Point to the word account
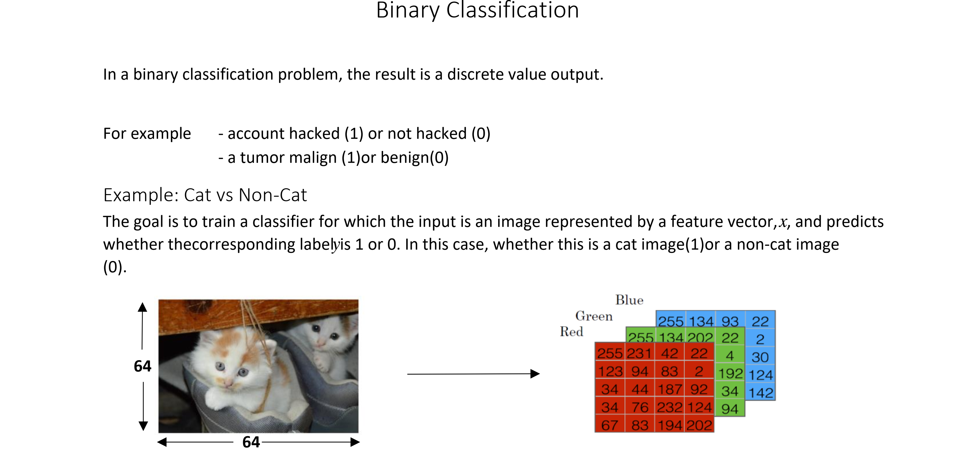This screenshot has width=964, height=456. (x=255, y=134)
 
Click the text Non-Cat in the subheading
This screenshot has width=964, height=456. (x=273, y=195)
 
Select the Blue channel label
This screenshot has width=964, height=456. (x=629, y=300)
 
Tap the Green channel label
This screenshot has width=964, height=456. (x=594, y=316)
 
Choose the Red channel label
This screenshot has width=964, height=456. (x=571, y=332)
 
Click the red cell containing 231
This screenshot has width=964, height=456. (x=639, y=353)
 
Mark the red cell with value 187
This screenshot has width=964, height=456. (x=669, y=389)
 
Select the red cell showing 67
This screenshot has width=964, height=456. (x=609, y=425)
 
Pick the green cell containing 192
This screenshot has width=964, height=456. (x=730, y=373)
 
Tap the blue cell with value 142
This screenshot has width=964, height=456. (x=761, y=393)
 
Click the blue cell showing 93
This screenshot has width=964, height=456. (x=730, y=321)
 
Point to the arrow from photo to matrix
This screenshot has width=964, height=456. (x=473, y=374)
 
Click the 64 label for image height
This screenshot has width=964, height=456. (x=143, y=366)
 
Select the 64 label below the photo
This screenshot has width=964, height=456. (x=251, y=442)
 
